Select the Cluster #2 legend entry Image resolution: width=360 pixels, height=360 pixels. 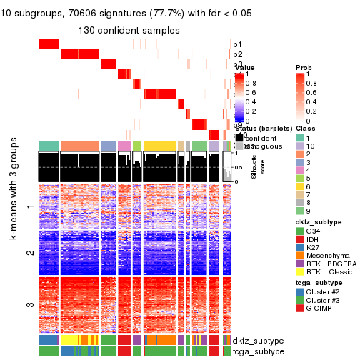[300, 311]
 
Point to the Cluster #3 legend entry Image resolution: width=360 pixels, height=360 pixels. [300, 321]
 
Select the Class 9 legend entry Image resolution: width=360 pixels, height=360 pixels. [300, 211]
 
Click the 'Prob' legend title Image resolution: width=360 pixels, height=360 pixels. [303, 67]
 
